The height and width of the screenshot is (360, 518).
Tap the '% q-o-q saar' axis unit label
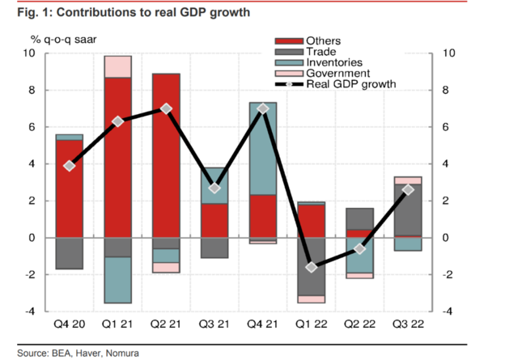[x=66, y=39]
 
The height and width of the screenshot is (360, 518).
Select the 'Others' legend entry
[x=324, y=41]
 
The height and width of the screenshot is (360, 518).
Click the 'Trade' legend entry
[x=321, y=52]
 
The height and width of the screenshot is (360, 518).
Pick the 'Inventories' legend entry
[x=334, y=62]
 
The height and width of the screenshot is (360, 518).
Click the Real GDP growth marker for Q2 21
[x=167, y=108]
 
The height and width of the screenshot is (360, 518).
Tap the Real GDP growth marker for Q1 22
[x=312, y=267]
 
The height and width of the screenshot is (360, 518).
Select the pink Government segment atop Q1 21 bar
[x=118, y=66]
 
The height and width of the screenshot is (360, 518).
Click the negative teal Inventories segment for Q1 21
[x=118, y=280]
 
